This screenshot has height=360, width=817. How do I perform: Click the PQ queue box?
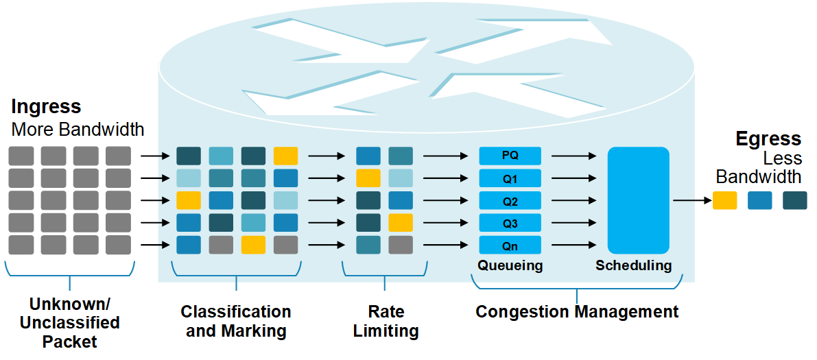[x=510, y=156]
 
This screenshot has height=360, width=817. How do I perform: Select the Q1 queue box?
[x=510, y=178]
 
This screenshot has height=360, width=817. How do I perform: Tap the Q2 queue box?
[x=510, y=201]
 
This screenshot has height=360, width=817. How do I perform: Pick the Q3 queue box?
[x=510, y=223]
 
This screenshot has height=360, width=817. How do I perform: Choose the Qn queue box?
[x=510, y=245]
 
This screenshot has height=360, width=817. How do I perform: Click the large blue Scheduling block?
[x=638, y=200]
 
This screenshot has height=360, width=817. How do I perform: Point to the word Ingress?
[x=46, y=107]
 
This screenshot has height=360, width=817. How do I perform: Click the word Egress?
[x=768, y=139]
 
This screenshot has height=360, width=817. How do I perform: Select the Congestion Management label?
[x=577, y=312]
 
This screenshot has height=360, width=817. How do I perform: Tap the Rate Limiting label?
[x=386, y=321]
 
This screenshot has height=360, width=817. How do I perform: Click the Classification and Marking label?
[x=235, y=321]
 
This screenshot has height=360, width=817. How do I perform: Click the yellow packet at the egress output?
[x=725, y=200]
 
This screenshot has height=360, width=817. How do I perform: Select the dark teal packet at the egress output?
[x=795, y=200]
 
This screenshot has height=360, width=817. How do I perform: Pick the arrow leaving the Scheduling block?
[x=691, y=200]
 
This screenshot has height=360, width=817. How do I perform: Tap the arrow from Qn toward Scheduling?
[x=573, y=245]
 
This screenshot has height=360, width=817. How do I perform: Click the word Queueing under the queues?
[x=510, y=265]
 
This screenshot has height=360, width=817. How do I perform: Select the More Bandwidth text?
[x=78, y=129]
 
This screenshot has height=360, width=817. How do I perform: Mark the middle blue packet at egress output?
[x=760, y=200]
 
